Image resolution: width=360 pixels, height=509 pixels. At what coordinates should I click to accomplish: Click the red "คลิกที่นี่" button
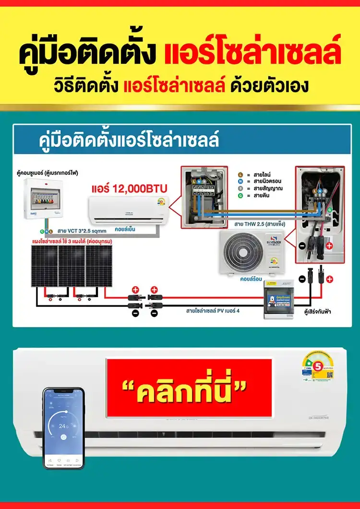[x=189, y=388]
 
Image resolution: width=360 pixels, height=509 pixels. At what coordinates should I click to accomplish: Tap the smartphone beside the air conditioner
[x=63, y=427]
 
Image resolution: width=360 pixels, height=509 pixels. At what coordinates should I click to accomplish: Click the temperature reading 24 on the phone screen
[x=62, y=426]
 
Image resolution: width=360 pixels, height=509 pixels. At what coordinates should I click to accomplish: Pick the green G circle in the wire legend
[x=241, y=196]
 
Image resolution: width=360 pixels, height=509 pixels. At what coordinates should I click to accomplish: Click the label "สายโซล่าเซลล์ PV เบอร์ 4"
[x=213, y=311]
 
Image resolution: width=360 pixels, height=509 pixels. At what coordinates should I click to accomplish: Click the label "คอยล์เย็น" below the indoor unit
[x=126, y=229]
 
